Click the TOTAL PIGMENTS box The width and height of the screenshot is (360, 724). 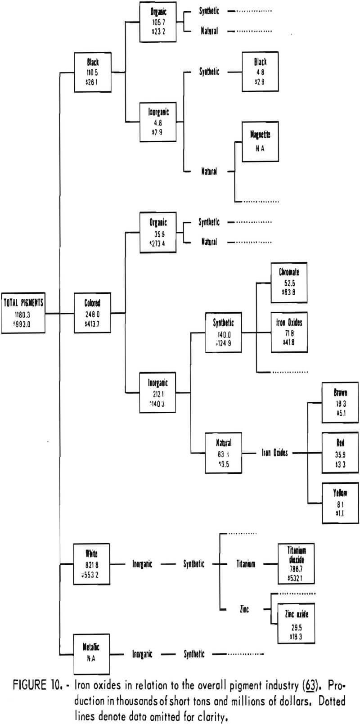click(23, 313)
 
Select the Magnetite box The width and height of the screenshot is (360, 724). click(260, 141)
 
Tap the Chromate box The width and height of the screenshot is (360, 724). click(289, 282)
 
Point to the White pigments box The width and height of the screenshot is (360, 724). click(92, 564)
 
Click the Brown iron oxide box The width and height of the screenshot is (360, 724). click(340, 402)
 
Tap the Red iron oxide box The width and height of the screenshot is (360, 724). click(340, 452)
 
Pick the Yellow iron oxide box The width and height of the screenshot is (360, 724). click(340, 503)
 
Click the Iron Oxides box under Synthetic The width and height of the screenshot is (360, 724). click(289, 332)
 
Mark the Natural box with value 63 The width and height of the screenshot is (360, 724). click(223, 453)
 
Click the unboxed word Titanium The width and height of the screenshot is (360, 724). click(246, 564)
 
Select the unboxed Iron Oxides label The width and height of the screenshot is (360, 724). click(274, 453)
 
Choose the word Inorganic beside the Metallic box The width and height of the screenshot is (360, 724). click(142, 654)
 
